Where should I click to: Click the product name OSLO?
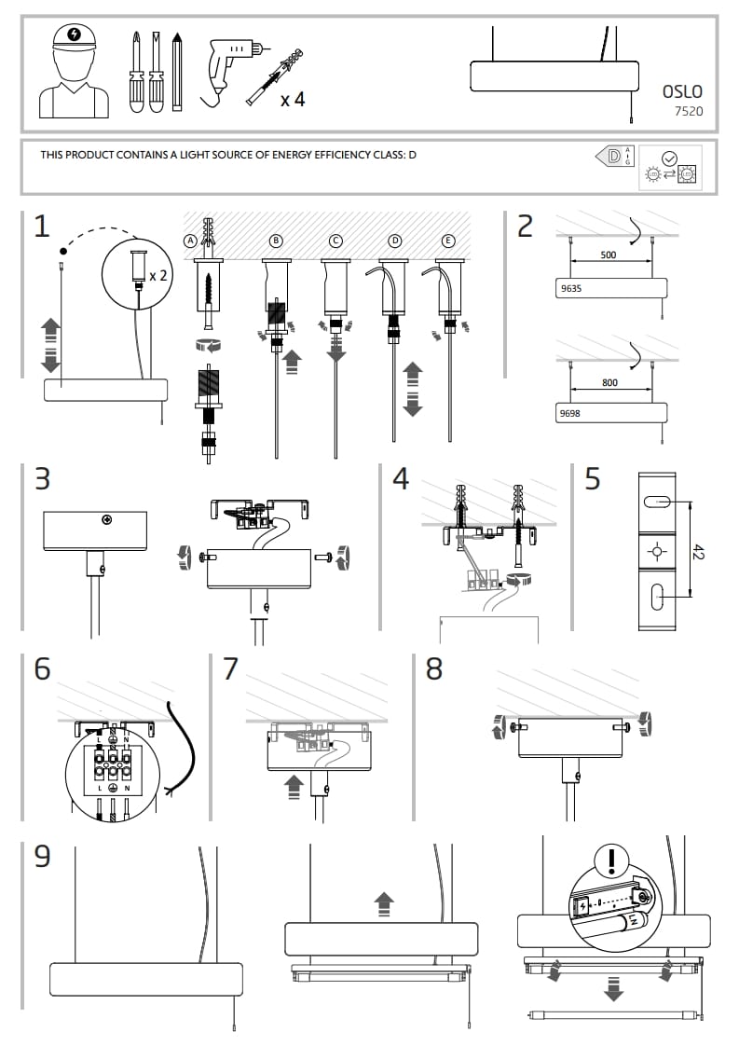682,91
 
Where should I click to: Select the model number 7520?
689,111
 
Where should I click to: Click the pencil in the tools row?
177,71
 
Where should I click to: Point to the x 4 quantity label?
292,99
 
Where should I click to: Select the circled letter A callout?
190,240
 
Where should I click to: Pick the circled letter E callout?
449,240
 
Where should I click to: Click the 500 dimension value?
609,254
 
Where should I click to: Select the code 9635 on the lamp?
570,289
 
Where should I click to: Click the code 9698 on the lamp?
570,411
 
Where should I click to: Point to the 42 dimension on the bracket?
698,551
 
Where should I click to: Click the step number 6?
42,668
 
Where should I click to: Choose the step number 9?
42,856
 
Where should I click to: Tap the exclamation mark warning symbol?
611,858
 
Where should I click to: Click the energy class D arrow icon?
613,156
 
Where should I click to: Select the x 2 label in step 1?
158,275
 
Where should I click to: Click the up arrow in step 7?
294,784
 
